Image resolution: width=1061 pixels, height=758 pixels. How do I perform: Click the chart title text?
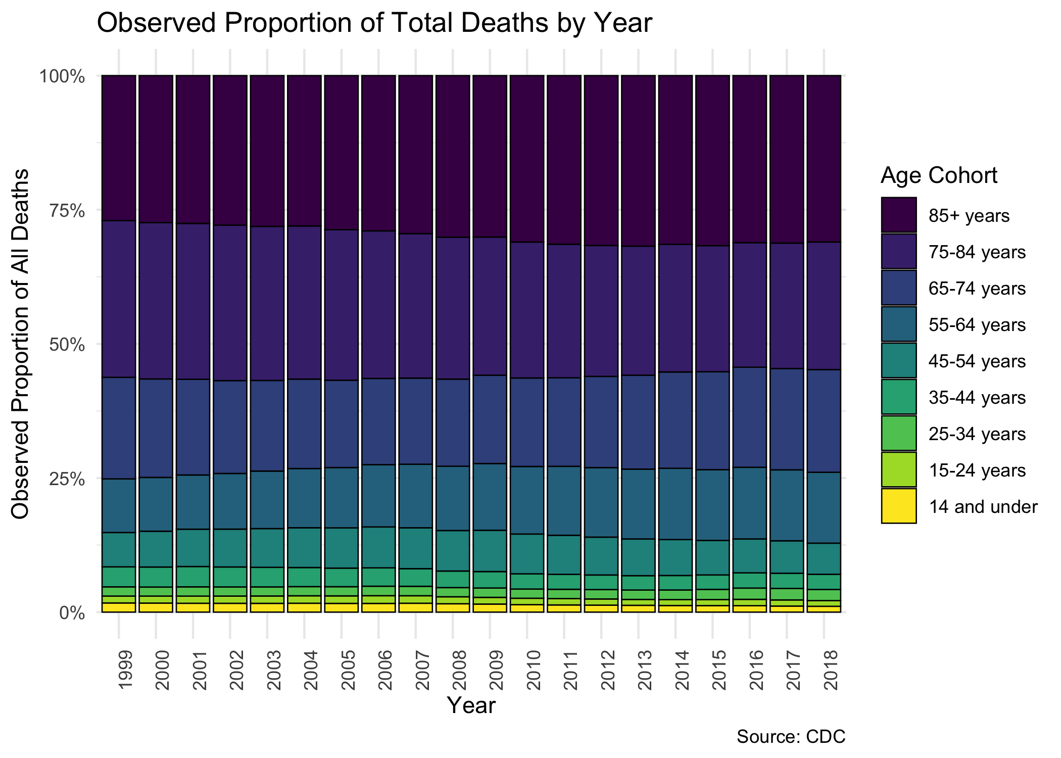pos(374,23)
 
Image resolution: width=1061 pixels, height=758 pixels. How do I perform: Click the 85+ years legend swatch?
pos(898,215)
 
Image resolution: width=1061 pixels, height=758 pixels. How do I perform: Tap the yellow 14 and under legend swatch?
pos(898,506)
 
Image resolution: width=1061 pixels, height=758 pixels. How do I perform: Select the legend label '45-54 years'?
pos(977,361)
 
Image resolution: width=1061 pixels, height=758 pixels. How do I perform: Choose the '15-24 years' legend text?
pos(977,470)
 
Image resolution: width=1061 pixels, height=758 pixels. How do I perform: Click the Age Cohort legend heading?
pos(939,175)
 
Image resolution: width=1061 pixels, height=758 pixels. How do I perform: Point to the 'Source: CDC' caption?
pos(791,736)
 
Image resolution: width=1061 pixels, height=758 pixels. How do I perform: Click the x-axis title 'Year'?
pos(471,705)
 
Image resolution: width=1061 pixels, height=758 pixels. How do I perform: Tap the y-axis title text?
pos(21,344)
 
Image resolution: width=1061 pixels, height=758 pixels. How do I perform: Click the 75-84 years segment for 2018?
pos(824,306)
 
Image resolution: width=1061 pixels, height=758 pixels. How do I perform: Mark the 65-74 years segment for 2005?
pos(341,423)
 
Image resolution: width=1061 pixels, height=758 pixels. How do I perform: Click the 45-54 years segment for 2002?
pos(230,548)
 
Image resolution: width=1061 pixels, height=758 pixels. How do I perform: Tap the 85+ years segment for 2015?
pos(712,161)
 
